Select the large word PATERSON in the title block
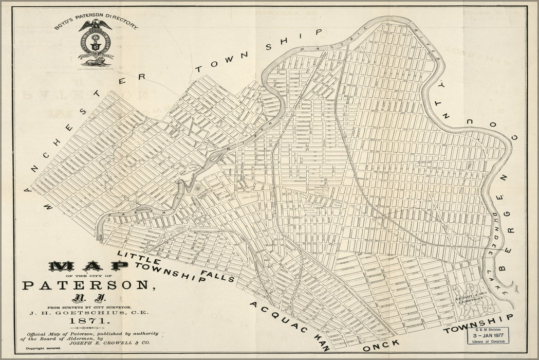(x=87, y=284)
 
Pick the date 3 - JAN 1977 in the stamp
(x=489, y=336)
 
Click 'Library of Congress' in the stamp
(x=489, y=343)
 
